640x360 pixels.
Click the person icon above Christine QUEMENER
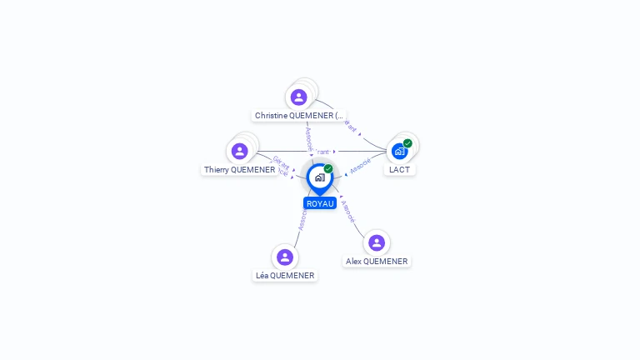click(298, 97)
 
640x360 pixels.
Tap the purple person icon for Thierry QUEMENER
click(240, 151)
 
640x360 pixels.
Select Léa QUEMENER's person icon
click(285, 257)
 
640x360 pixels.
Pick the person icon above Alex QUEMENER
click(377, 242)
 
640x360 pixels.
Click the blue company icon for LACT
click(400, 151)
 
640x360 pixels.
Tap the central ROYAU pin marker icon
click(319, 177)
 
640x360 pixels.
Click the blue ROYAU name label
click(320, 203)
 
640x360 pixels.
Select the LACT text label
click(400, 170)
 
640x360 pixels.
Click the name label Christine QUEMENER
click(299, 116)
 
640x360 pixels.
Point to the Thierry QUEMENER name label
click(240, 170)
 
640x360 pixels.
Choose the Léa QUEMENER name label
click(285, 276)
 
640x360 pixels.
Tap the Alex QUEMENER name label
click(377, 262)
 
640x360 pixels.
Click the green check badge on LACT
click(407, 143)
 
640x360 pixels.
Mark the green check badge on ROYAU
click(328, 169)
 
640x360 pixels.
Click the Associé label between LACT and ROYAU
click(360, 165)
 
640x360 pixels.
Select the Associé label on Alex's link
click(349, 211)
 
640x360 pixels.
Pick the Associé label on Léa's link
click(302, 219)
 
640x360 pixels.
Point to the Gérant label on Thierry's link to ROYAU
click(281, 162)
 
